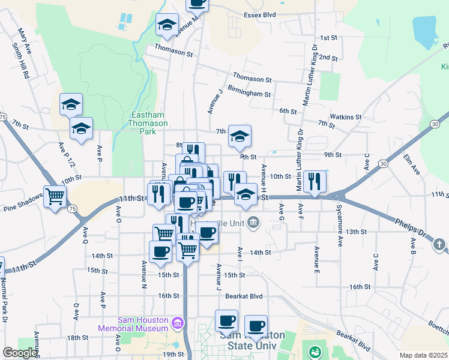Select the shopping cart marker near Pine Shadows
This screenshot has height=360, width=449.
(x=55, y=196)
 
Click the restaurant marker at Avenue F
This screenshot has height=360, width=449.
(x=315, y=181)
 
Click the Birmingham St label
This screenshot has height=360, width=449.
(x=249, y=94)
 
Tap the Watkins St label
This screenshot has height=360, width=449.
(x=346, y=117)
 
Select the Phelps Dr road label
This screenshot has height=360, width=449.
(x=410, y=227)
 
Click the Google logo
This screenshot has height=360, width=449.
(x=20, y=353)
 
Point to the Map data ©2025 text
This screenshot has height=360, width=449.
(x=423, y=355)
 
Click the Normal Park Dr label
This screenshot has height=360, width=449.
(x=5, y=301)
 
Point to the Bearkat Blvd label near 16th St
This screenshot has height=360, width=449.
(x=244, y=296)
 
